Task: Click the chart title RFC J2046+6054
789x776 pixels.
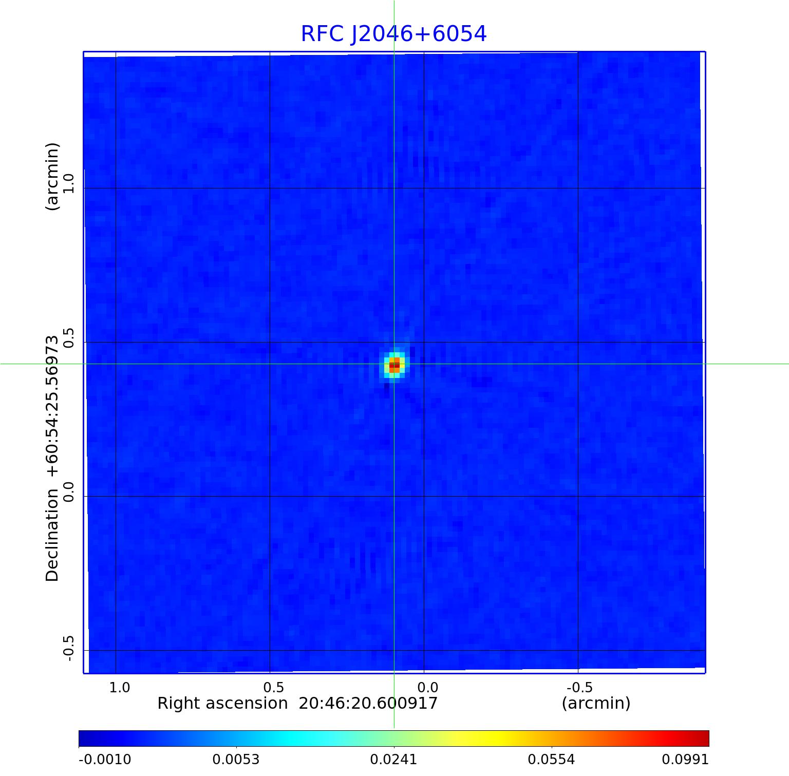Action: pos(393,34)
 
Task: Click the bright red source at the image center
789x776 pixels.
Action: pos(394,365)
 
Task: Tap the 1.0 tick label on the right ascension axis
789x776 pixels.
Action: pos(120,687)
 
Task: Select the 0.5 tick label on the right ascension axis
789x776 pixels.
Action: pos(273,687)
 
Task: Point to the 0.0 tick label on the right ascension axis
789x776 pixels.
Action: pos(427,687)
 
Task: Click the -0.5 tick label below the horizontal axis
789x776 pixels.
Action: pos(579,687)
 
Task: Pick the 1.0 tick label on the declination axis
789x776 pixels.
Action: pos(69,183)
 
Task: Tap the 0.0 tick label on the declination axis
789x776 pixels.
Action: pos(69,491)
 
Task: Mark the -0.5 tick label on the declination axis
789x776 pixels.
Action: pos(69,648)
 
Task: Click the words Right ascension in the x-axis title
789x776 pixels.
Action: pos(222,703)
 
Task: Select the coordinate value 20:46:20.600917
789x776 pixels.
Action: pos(368,703)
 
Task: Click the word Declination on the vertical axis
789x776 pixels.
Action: pos(52,535)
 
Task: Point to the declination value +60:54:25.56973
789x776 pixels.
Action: pos(52,407)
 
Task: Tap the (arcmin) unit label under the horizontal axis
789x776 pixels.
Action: pos(596,703)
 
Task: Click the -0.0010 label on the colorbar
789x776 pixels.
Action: pos(105,759)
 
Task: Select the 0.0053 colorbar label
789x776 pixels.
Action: pos(236,759)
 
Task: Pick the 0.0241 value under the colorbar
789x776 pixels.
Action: pos(393,759)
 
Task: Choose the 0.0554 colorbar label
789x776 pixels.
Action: pos(551,759)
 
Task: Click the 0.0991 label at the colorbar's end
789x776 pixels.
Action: pos(685,759)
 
